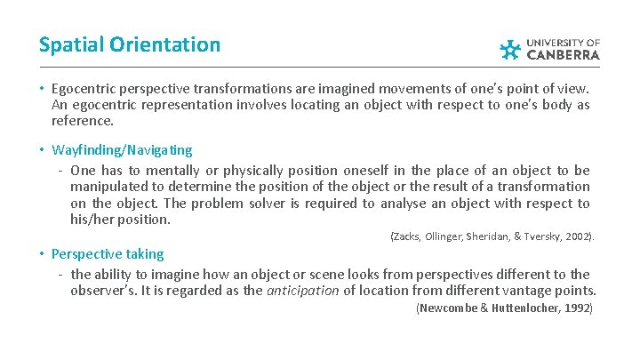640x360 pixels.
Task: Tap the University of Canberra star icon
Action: [x=509, y=50]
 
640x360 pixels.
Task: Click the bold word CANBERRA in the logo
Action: [x=564, y=55]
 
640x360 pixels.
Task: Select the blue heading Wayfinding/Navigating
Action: [x=122, y=149]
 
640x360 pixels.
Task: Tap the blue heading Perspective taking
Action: [x=108, y=253]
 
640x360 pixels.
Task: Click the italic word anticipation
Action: [x=303, y=290]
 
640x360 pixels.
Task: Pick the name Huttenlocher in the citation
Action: [x=516, y=308]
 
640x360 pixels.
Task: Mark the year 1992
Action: [x=577, y=308]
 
